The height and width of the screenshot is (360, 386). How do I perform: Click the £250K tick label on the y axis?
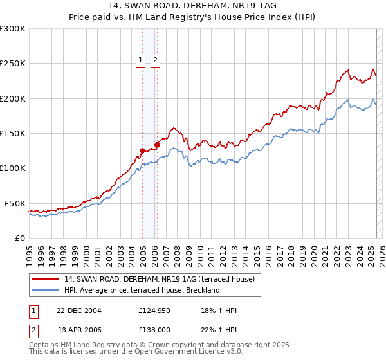click(12, 64)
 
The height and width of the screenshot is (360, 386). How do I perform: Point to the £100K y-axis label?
click(12, 168)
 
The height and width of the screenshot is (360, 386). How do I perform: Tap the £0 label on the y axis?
click(19, 238)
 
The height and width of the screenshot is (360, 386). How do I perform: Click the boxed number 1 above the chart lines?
click(140, 60)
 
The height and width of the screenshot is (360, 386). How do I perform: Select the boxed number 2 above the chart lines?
click(155, 60)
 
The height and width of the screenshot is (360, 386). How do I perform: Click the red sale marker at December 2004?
click(142, 151)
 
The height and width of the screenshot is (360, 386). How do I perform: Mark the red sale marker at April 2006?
click(157, 145)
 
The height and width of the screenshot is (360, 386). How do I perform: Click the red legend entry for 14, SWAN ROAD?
click(160, 279)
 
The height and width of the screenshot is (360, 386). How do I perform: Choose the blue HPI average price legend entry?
click(142, 290)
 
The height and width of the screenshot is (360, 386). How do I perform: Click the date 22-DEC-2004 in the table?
click(78, 311)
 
